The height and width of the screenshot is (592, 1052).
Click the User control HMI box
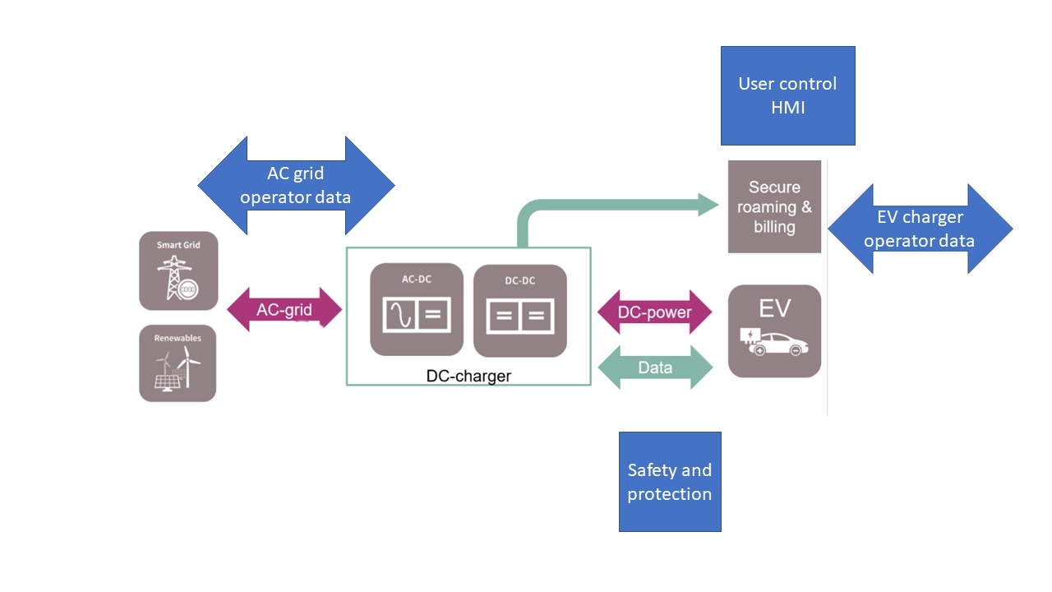787,95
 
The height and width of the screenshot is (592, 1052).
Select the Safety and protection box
669,482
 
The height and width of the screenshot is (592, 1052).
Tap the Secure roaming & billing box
774,206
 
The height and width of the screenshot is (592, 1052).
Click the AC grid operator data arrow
296,185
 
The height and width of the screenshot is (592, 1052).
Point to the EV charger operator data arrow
919,229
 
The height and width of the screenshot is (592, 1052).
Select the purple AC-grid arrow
284,309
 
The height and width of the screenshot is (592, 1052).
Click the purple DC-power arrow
654,312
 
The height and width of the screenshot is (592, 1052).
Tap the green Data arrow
655,368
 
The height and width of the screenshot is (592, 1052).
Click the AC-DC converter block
418,309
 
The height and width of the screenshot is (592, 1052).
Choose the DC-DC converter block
519,311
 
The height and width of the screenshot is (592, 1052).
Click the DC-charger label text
468,376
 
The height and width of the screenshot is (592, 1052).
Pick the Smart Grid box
178,271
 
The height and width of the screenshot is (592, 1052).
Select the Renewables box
178,363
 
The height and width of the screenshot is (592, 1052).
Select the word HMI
787,108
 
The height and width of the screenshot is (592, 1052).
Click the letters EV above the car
774,308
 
